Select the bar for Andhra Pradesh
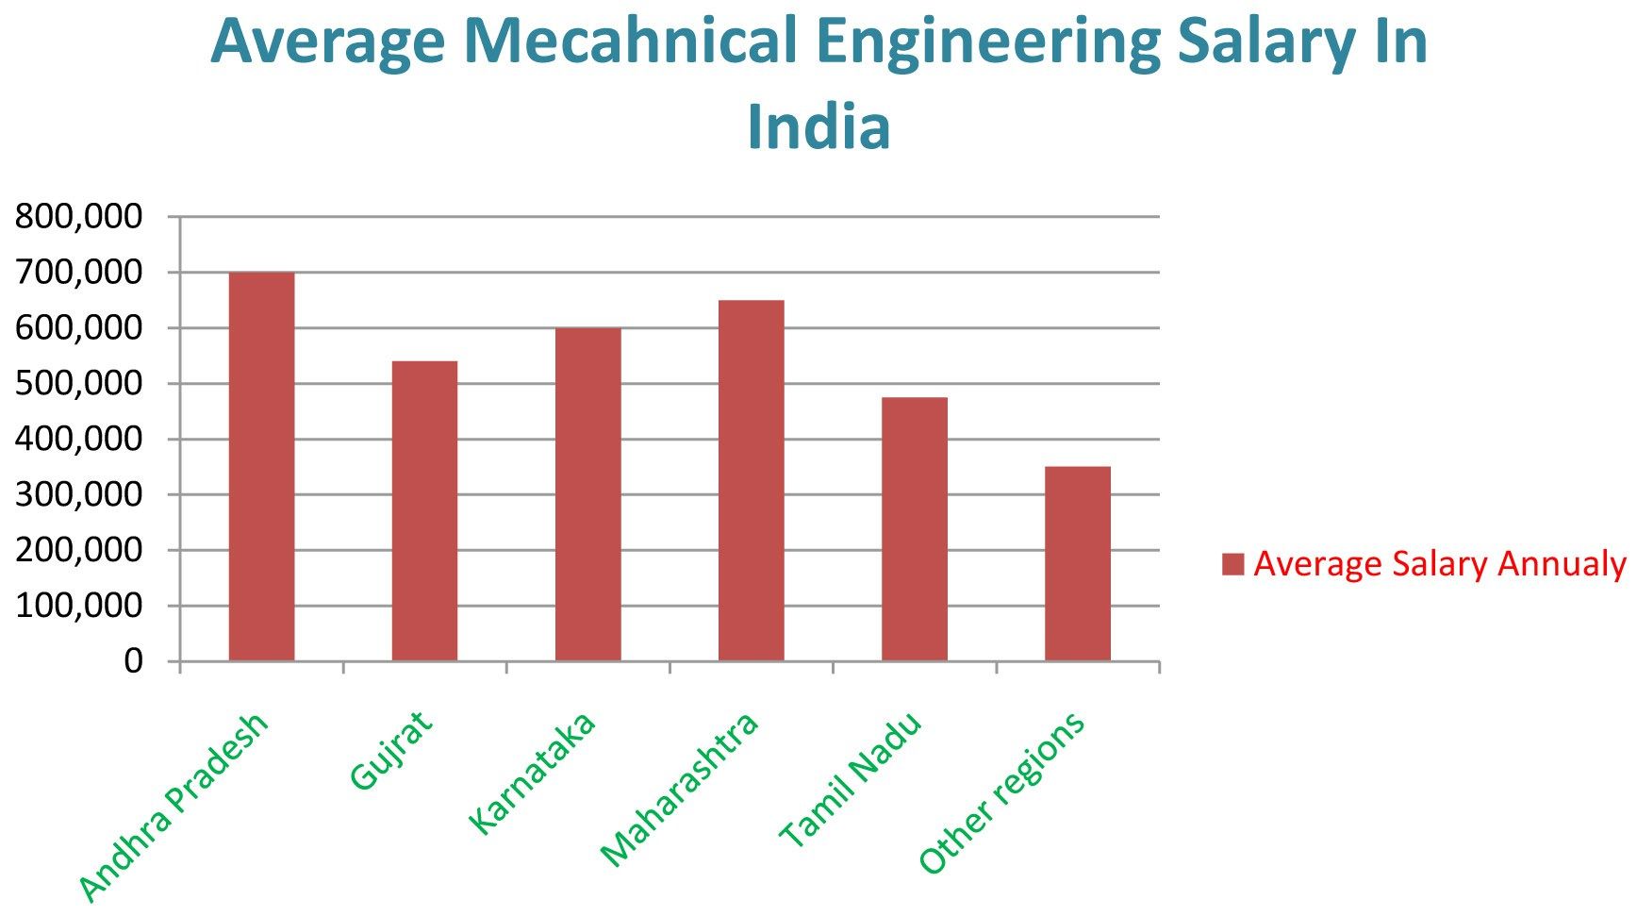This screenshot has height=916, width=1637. click(261, 466)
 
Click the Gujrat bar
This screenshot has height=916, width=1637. click(424, 510)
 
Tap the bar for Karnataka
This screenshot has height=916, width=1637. click(587, 494)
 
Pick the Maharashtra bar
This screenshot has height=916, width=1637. click(751, 480)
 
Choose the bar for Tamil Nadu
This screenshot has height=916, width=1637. click(914, 529)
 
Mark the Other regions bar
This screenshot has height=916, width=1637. click(1077, 564)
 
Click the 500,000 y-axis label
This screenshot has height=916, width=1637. click(79, 384)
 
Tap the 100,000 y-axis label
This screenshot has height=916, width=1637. click(79, 606)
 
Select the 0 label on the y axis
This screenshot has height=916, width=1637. click(134, 661)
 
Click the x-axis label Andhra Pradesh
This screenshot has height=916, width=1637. click(174, 807)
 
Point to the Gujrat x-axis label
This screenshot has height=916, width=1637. click(390, 749)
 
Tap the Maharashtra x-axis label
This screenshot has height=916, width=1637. click(679, 789)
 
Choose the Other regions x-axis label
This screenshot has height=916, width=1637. click(1001, 793)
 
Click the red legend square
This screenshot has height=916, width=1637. click(1232, 564)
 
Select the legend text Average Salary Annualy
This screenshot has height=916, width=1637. click(1439, 564)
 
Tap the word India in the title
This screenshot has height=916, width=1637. click(818, 127)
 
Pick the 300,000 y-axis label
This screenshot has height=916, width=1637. click(79, 494)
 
